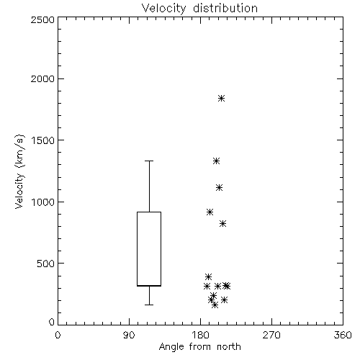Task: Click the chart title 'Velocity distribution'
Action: pyautogui.click(x=199, y=8)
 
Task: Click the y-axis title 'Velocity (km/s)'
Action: pyautogui.click(x=19, y=171)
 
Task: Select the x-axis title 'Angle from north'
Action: pyautogui.click(x=199, y=347)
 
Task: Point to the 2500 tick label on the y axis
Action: pyautogui.click(x=42, y=19)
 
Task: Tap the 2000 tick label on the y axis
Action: pyautogui.click(x=42, y=78)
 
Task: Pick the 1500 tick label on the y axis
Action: pyautogui.click(x=43, y=140)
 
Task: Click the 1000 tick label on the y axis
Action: pyautogui.click(x=43, y=202)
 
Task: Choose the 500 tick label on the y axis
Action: pyautogui.click(x=46, y=264)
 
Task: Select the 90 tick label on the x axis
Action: pyautogui.click(x=129, y=335)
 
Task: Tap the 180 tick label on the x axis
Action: pyautogui.click(x=200, y=335)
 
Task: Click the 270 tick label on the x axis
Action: pyautogui.click(x=271, y=335)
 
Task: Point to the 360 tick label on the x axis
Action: pyautogui.click(x=343, y=335)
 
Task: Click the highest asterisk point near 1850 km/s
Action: pyautogui.click(x=221, y=98)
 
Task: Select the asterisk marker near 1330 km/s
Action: pyautogui.click(x=217, y=161)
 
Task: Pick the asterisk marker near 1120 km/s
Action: pyautogui.click(x=219, y=187)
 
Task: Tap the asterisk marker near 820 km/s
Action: pyautogui.click(x=222, y=224)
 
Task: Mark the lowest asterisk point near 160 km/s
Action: pyautogui.click(x=215, y=305)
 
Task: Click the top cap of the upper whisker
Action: pyautogui.click(x=149, y=161)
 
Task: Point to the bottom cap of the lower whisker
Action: pyautogui.click(x=149, y=305)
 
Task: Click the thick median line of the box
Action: pyautogui.click(x=149, y=286)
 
